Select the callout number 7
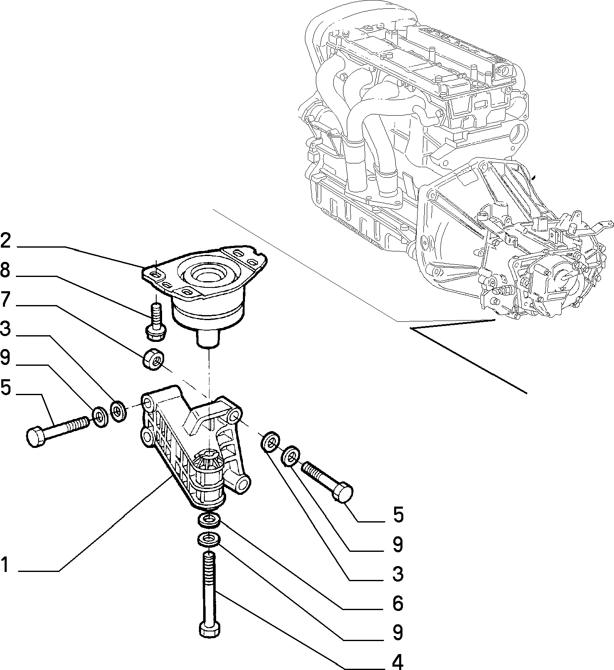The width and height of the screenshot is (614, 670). (x=5, y=300)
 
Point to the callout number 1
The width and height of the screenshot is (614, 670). (x=4, y=564)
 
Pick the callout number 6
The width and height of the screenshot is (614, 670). (x=397, y=603)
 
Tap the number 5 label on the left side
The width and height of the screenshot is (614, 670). (x=5, y=388)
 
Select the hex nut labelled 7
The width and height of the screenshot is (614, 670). (x=153, y=359)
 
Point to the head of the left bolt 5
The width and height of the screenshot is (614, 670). (x=36, y=437)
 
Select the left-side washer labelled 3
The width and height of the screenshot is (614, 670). (x=119, y=411)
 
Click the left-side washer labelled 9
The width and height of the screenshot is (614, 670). (x=100, y=416)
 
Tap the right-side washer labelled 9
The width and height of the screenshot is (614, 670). (x=290, y=457)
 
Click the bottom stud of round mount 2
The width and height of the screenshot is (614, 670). (x=208, y=338)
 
